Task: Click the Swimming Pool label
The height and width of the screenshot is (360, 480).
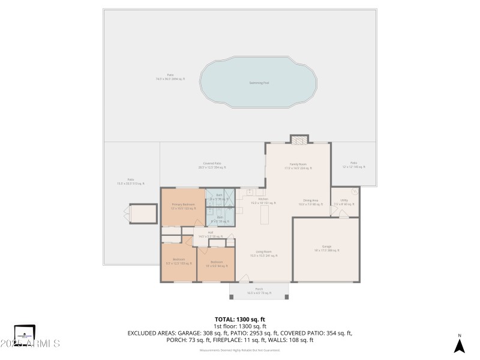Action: point(259,83)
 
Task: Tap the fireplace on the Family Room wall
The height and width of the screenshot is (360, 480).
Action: point(299,140)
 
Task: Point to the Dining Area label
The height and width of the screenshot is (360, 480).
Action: point(310,202)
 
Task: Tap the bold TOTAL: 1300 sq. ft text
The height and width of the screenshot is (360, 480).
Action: point(240,319)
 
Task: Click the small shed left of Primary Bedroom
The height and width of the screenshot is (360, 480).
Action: point(142,214)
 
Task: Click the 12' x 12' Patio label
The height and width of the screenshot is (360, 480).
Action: point(353,164)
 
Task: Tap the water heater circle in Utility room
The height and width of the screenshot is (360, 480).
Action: point(355,192)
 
